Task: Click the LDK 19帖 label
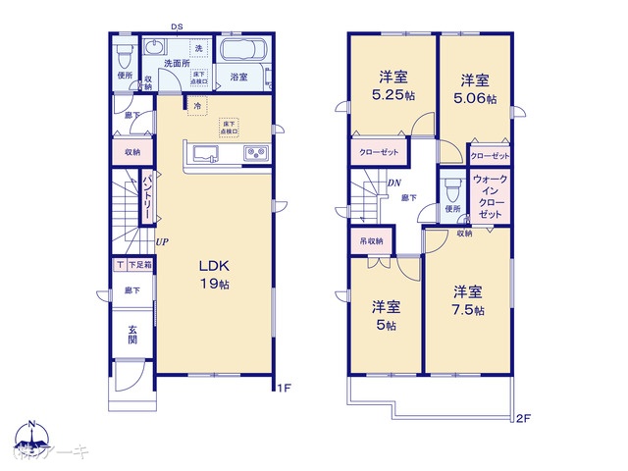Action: pyautogui.click(x=215, y=274)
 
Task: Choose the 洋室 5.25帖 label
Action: pyautogui.click(x=393, y=85)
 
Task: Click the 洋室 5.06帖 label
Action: pyautogui.click(x=475, y=89)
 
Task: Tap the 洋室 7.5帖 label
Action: pyautogui.click(x=468, y=300)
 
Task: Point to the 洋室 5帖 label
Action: pyautogui.click(x=384, y=315)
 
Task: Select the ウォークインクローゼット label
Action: pyautogui.click(x=490, y=196)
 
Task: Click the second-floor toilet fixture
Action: pyautogui.click(x=452, y=186)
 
